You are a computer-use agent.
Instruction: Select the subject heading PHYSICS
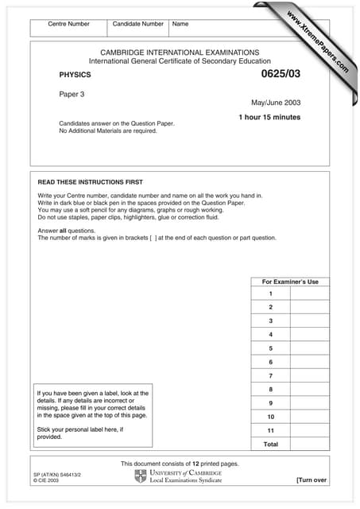tap(75, 75)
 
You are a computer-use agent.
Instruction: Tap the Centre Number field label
tap(69, 24)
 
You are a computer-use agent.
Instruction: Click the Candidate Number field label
tap(138, 24)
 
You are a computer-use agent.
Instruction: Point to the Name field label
tap(180, 24)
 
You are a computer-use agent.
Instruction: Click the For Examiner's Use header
tap(290, 282)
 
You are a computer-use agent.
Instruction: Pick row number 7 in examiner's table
tap(270, 375)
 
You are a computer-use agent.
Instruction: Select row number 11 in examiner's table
tap(270, 429)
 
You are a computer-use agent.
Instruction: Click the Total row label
tap(270, 444)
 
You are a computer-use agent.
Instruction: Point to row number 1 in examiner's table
tap(270, 293)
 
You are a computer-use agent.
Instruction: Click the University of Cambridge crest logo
tap(141, 476)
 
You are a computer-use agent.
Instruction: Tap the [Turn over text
tap(311, 480)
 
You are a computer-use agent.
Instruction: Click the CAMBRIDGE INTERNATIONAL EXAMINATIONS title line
tap(180, 52)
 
